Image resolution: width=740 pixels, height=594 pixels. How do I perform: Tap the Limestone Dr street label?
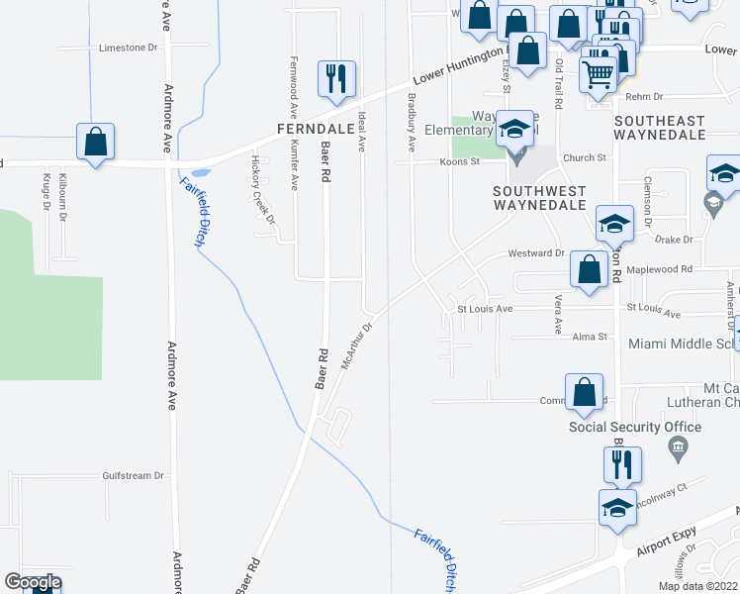coord(129,48)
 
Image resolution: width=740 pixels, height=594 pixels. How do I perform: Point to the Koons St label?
coord(458,161)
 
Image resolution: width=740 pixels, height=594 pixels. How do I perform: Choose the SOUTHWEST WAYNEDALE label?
coord(540,198)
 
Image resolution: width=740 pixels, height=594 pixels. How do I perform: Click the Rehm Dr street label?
coord(643,96)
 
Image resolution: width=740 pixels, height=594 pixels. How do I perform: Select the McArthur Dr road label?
coord(357,345)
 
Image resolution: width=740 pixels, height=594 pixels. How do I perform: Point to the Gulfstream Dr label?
coord(133,476)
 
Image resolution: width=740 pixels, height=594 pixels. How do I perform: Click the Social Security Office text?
coord(635,428)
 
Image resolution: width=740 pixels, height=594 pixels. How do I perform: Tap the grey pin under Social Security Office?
coord(679,448)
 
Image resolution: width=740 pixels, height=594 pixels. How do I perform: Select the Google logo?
coord(33,582)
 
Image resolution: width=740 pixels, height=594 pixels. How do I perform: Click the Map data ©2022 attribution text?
coord(696,586)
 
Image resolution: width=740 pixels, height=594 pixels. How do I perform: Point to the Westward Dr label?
coord(536,253)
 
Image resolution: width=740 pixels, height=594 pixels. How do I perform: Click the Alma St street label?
coord(590,338)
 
